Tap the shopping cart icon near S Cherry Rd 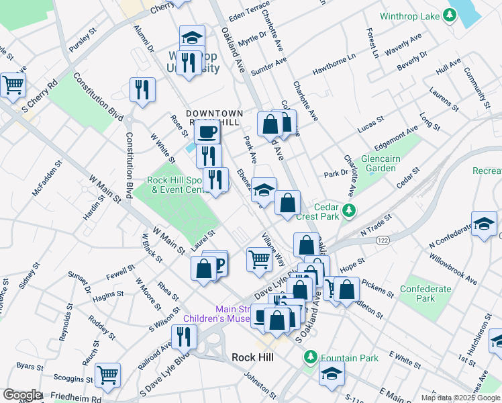(13, 85)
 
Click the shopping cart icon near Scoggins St (107, 376)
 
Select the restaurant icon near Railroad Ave (184, 336)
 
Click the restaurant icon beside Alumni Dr (142, 90)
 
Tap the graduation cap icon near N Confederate (484, 224)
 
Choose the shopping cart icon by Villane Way (259, 259)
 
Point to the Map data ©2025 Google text (461, 398)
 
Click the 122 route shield (383, 240)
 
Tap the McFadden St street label (48, 178)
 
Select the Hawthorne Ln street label (334, 65)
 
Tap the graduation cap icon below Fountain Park (332, 374)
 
